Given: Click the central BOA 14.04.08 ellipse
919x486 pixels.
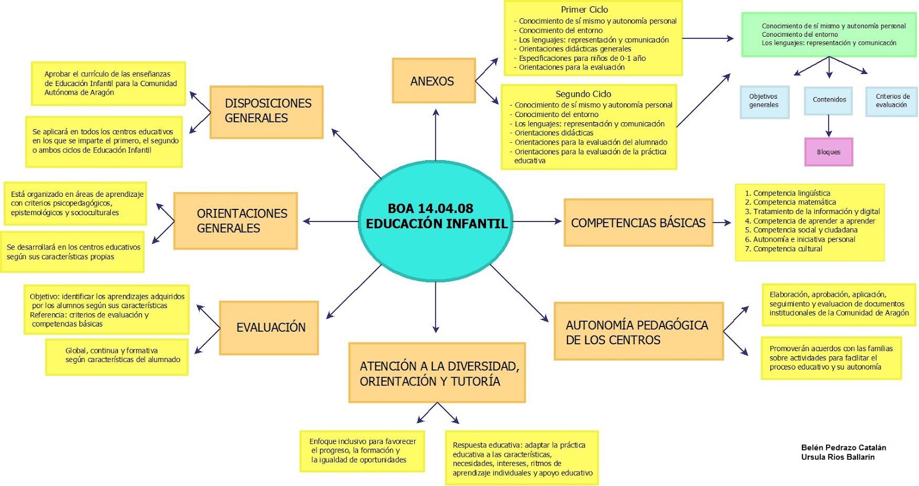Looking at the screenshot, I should pos(435,221).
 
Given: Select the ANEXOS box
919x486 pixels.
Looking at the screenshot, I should pos(434,81).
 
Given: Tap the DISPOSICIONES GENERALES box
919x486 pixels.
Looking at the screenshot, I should pos(267,112).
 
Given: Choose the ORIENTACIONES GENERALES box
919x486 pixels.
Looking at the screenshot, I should pos(235,221).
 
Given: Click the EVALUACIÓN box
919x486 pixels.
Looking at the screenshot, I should pos(269,328).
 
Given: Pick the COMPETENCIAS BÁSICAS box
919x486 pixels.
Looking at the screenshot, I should pos(638,223).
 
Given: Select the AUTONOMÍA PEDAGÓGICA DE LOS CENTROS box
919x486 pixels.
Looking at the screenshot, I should pos(638,332).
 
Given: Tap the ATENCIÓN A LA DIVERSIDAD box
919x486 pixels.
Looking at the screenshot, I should pos(437,373).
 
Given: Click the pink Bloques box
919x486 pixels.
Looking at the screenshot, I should pos(828,152).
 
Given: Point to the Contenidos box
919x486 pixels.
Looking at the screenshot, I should pos(829,100).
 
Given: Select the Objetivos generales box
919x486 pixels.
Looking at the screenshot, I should pos(764,101).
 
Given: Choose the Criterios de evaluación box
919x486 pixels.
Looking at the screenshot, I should pos(891,100).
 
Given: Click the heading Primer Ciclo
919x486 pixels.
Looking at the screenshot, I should pos(584,10).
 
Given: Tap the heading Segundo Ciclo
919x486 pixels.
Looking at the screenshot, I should pos(583,94).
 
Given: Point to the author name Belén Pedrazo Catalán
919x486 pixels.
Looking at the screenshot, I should pos(843,448).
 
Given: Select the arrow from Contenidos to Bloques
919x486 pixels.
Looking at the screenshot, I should pos(828,126).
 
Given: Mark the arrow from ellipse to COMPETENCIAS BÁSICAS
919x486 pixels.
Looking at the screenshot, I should pos(537,221).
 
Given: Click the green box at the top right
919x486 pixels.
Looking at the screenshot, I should pos(828,34).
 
